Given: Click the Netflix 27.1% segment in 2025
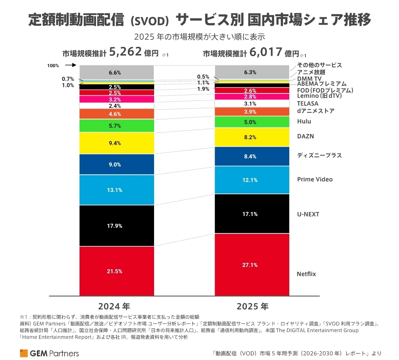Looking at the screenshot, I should pyautogui.click(x=253, y=265).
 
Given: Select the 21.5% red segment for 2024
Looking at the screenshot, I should pyautogui.click(x=116, y=271).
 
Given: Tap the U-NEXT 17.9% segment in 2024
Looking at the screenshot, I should pyautogui.click(x=116, y=226).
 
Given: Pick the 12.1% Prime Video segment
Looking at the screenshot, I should pyautogui.click(x=253, y=180).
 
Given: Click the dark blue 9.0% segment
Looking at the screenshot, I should pyautogui.click(x=116, y=164).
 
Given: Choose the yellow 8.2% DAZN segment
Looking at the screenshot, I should pyautogui.click(x=253, y=137).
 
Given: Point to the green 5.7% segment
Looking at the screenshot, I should pyautogui.click(x=116, y=126).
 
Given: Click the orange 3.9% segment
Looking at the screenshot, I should pyautogui.click(x=253, y=112).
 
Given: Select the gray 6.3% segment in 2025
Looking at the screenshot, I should pyautogui.click(x=253, y=72).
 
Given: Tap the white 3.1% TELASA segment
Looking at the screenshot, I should pyautogui.click(x=253, y=103).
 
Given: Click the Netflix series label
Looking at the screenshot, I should pyautogui.click(x=306, y=274).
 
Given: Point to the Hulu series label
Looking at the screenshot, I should pyautogui.click(x=304, y=121).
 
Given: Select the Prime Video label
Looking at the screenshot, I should pyautogui.click(x=315, y=179).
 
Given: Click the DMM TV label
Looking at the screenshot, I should pyautogui.click(x=309, y=78).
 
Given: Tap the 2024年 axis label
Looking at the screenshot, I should pyautogui.click(x=114, y=306).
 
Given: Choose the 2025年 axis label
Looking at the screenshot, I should pyautogui.click(x=253, y=306).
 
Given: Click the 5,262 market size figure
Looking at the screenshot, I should pyautogui.click(x=126, y=52).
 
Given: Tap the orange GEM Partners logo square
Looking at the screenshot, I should pyautogui.click(x=24, y=353).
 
